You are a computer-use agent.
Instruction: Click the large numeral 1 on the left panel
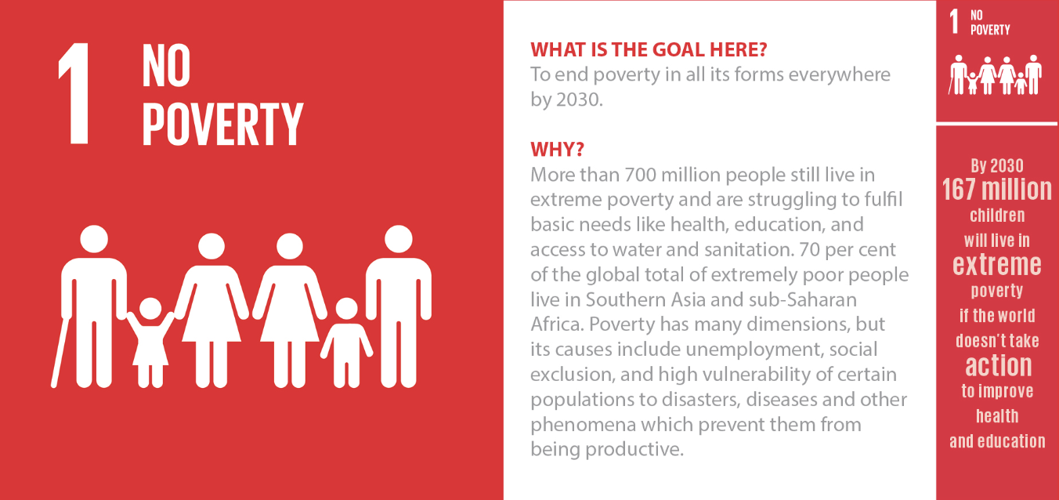(74, 93)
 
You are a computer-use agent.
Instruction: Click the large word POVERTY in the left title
(222, 124)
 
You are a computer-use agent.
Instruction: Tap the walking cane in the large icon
(60, 353)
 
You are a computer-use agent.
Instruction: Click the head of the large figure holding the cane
(94, 239)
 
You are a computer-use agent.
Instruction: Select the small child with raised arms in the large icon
(150, 342)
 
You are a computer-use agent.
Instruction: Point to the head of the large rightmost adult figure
(399, 239)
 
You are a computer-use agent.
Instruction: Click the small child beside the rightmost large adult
(346, 342)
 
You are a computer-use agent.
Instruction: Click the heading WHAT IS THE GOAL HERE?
(649, 49)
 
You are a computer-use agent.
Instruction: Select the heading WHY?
(558, 150)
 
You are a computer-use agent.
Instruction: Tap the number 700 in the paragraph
(640, 175)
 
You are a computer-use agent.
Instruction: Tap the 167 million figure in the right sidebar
(997, 189)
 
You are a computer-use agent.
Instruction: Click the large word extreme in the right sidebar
(997, 264)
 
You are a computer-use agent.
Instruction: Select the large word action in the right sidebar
(999, 366)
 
